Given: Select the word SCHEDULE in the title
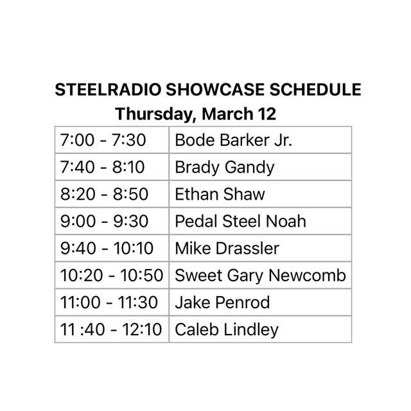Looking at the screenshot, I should [313, 90].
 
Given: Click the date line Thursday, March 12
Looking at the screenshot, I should [196, 114].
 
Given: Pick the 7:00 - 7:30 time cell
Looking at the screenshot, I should [103, 140].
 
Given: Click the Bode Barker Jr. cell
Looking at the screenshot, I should [233, 140].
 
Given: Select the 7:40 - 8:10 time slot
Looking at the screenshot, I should [103, 167].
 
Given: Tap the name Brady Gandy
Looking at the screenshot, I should [225, 167].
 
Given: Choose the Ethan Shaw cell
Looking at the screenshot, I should [220, 194].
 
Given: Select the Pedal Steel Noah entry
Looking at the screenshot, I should [240, 222].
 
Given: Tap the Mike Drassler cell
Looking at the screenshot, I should [227, 249].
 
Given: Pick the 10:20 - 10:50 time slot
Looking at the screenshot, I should [112, 275].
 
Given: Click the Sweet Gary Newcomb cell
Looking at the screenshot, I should [260, 275].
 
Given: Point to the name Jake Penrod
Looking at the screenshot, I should [222, 302].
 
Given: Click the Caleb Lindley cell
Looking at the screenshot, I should [227, 329].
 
